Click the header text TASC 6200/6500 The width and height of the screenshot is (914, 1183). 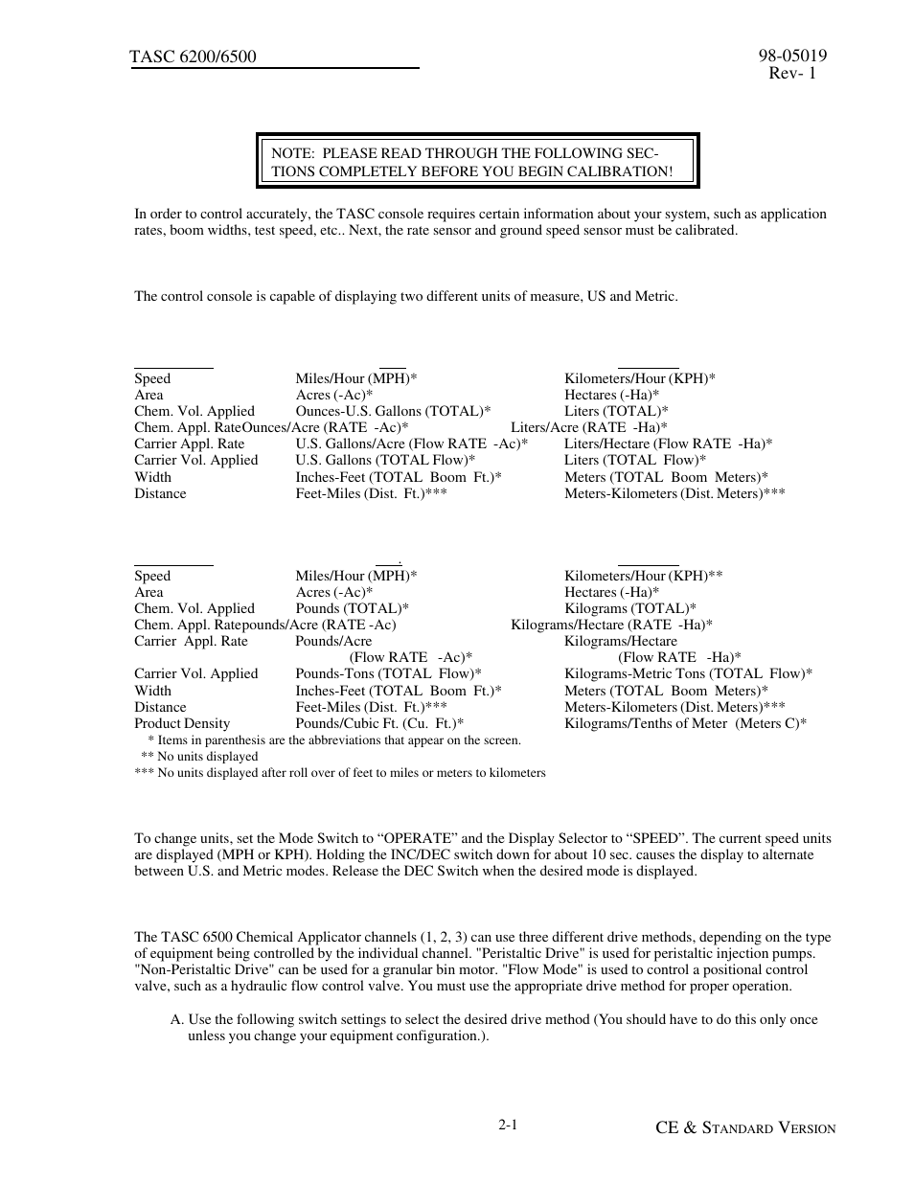(193, 57)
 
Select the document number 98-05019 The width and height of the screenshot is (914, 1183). (791, 56)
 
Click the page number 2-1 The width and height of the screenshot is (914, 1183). (508, 1126)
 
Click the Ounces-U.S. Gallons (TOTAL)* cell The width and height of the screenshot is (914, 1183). (393, 411)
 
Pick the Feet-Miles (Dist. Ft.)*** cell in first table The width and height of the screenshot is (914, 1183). (371, 493)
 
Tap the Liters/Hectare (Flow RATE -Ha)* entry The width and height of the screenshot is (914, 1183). (668, 444)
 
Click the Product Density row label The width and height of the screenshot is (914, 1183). (182, 723)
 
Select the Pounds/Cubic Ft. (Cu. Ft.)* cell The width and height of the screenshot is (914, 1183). (379, 723)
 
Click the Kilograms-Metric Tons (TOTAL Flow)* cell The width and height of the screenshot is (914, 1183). (688, 673)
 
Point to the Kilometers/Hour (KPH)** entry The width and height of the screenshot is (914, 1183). (643, 576)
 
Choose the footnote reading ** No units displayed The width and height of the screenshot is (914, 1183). (199, 756)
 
